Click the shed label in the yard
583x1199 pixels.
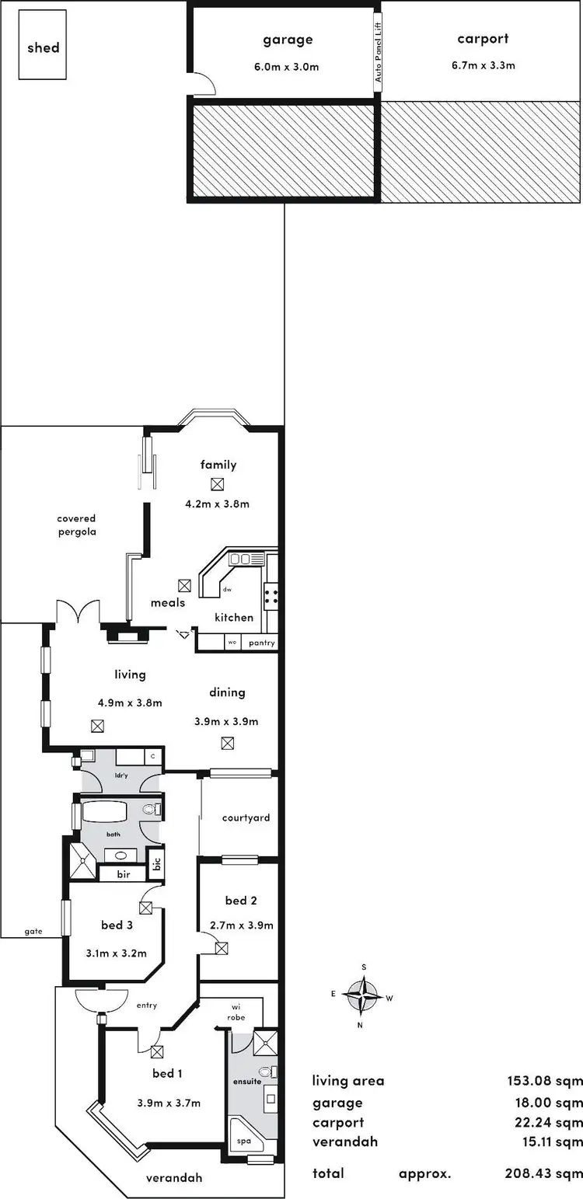43,47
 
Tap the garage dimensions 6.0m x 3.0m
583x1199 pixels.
287,67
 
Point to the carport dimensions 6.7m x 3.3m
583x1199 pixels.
483,65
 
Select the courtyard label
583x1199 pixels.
246,817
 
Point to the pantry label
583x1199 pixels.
260,643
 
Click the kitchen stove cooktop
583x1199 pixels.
271,596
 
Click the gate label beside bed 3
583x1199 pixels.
33,931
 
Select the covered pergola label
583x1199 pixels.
76,525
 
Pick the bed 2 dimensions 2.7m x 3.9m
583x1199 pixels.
241,925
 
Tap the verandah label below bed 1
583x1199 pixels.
173,1177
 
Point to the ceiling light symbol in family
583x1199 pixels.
218,483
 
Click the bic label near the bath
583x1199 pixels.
156,863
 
